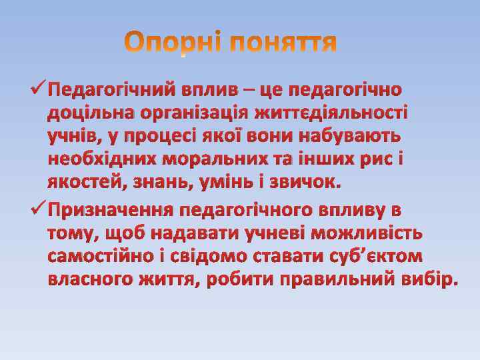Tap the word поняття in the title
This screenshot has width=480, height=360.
tap(284, 45)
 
